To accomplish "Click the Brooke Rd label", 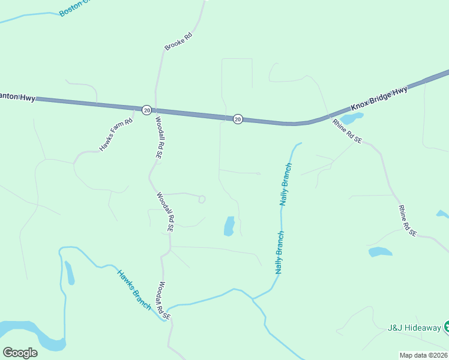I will point(178,41).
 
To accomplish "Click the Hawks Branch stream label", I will point(134,289).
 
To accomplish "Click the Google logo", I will point(20,352).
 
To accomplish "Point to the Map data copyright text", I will point(424,355).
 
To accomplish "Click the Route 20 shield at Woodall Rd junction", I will point(146,110).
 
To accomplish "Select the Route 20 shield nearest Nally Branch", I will point(238,119).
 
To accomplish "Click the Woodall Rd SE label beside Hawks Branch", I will point(164,301).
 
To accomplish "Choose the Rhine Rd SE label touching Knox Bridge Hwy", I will point(348,131).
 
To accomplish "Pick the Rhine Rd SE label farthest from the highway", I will point(407,220).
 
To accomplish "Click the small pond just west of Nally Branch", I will point(229,226).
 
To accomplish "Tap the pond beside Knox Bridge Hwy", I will point(352,118).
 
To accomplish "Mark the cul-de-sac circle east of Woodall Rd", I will point(202,199).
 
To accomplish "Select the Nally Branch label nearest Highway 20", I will point(286,184).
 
